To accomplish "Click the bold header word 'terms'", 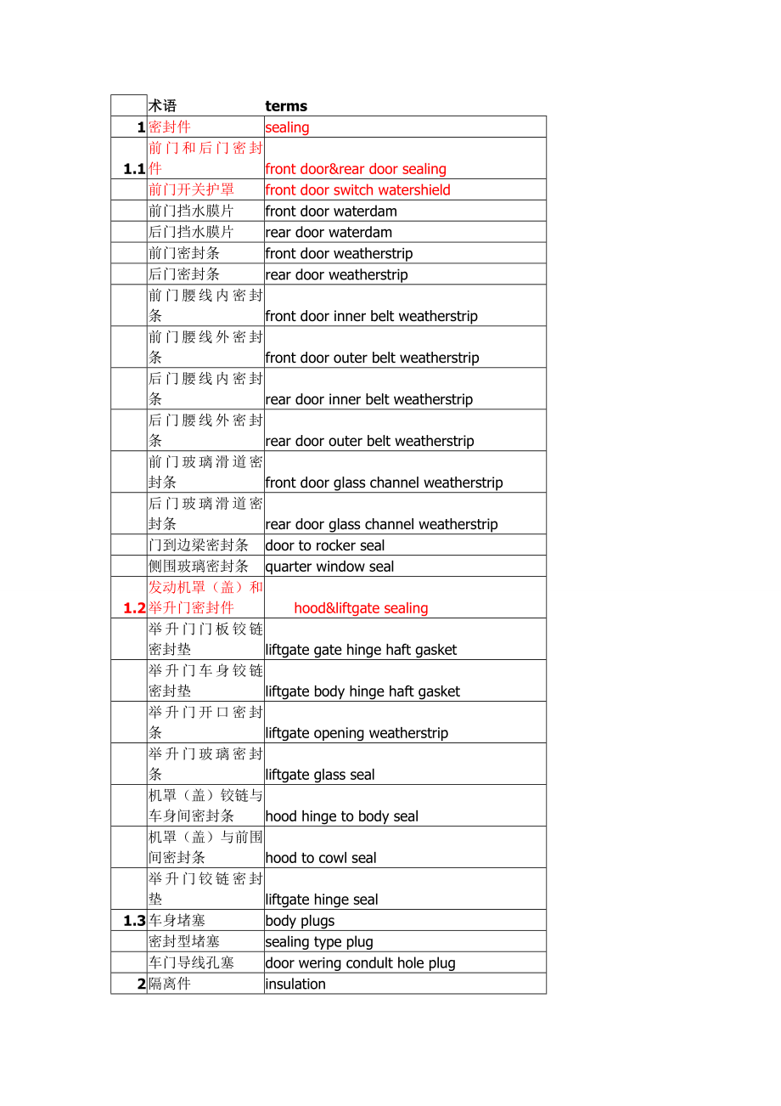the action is click(286, 106).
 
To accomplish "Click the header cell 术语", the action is click(163, 106).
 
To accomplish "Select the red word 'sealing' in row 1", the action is click(287, 127).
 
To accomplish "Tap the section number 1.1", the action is click(134, 169).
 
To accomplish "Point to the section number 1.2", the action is click(134, 608).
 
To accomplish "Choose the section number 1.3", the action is click(134, 921).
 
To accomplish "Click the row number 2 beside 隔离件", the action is click(142, 985).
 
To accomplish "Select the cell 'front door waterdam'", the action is click(331, 212).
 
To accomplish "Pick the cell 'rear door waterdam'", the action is click(329, 233).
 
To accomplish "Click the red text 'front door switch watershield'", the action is click(357, 190).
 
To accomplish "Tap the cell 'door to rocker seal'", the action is click(325, 546).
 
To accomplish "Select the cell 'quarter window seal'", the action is click(329, 567).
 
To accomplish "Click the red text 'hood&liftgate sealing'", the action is click(361, 608).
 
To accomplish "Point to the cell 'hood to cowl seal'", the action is click(321, 858).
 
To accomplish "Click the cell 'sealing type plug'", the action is click(319, 942).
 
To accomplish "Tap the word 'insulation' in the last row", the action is click(295, 985).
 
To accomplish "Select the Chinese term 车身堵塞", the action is click(177, 921).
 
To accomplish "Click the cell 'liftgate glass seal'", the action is click(320, 775).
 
